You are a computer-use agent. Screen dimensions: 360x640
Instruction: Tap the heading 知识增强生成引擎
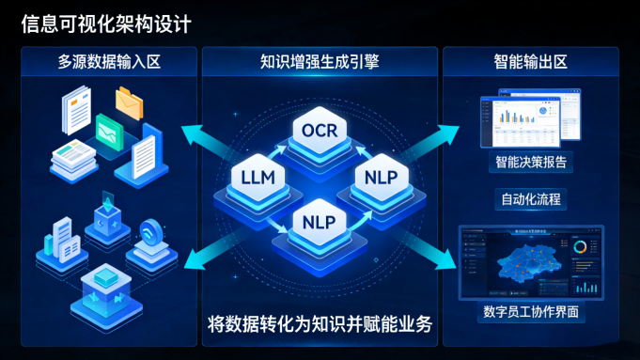320,64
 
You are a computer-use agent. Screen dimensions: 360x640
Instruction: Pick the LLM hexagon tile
258,176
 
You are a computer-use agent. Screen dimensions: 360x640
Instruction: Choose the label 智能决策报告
532,162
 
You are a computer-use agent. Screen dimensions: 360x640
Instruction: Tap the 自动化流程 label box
532,199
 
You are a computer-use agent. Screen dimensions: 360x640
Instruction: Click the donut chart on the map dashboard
580,246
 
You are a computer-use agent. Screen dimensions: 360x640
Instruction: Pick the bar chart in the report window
513,117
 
